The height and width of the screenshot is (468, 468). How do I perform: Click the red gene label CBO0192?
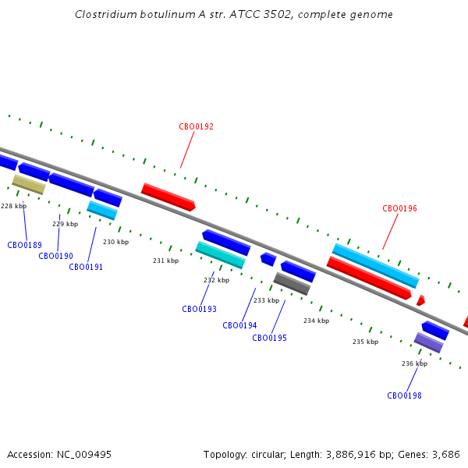click(x=196, y=126)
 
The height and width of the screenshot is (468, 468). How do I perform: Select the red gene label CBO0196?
click(x=399, y=208)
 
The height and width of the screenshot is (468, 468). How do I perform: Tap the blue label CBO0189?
click(x=24, y=245)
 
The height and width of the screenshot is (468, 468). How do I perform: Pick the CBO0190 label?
click(x=56, y=256)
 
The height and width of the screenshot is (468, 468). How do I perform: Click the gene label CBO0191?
click(x=86, y=267)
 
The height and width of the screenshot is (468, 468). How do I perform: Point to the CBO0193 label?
click(x=200, y=309)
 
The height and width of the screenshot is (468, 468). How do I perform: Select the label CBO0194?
click(x=239, y=325)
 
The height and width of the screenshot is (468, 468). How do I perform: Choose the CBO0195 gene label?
click(x=270, y=338)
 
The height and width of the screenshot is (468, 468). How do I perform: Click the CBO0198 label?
click(x=404, y=395)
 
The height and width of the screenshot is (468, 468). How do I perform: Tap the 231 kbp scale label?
click(x=166, y=261)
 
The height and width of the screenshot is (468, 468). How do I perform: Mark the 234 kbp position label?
click(x=317, y=321)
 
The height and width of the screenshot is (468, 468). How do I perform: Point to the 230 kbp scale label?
click(x=115, y=242)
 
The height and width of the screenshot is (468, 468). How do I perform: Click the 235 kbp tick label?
click(x=365, y=342)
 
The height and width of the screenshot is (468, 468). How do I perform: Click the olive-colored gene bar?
click(x=29, y=185)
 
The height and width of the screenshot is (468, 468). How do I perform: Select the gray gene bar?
click(x=292, y=284)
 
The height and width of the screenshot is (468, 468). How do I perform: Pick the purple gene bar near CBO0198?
click(x=428, y=342)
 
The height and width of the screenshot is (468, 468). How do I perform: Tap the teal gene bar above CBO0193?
click(x=220, y=255)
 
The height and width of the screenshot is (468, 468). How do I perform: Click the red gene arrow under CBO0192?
click(x=168, y=197)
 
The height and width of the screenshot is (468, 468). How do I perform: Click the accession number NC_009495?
click(x=84, y=455)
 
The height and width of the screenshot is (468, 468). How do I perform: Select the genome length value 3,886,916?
click(x=351, y=455)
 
